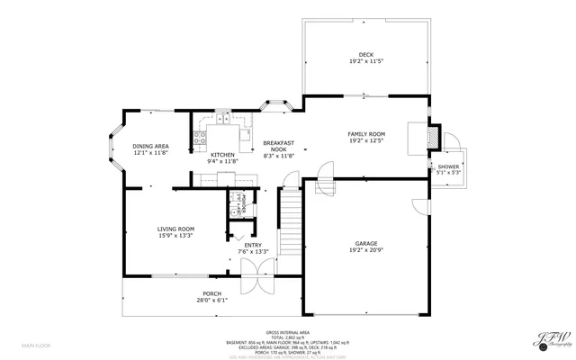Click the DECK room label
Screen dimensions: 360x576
pos(365,55)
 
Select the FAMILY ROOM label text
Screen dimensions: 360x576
pos(365,134)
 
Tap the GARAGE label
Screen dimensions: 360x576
pos(365,243)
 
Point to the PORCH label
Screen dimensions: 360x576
pos(211,294)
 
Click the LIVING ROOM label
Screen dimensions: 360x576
pos(175,229)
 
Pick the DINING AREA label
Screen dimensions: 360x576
pos(150,147)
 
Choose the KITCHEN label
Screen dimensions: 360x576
pos(222,155)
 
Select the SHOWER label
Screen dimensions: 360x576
pos(448,167)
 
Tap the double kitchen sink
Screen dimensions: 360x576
pos(221,118)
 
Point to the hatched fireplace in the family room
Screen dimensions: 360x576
pos(431,136)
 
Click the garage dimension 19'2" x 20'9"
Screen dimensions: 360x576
pos(365,250)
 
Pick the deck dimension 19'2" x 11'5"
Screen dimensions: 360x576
pos(365,61)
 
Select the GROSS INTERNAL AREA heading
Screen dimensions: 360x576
pos(288,331)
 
